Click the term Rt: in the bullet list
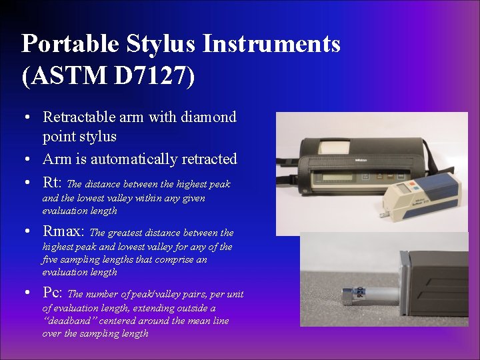53,182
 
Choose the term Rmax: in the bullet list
64,231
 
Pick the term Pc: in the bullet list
53,293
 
